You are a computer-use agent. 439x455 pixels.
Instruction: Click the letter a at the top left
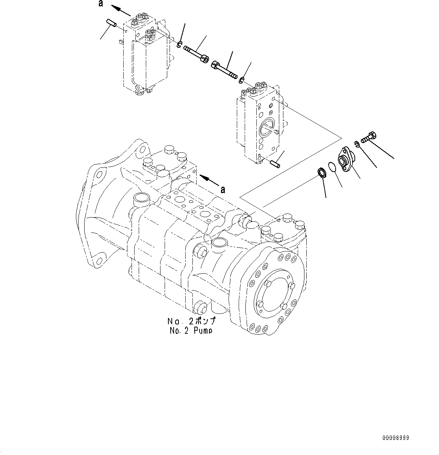click(100, 4)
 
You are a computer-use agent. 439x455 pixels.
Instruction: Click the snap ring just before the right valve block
click(242, 79)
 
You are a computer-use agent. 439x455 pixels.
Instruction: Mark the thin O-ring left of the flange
click(330, 167)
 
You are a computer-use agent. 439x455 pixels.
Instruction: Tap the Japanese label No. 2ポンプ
click(191, 321)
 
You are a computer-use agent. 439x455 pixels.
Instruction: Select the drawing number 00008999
click(395, 438)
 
